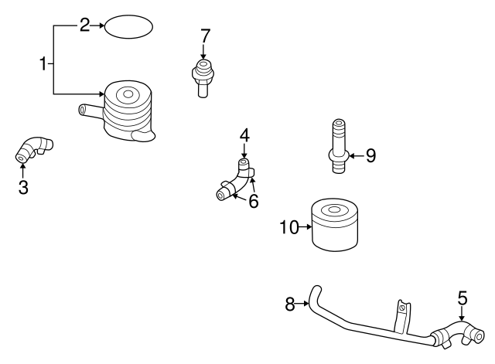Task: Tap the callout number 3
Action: tap(23, 186)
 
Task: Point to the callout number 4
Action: tap(244, 136)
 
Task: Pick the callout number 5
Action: tap(463, 298)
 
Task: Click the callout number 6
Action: tap(253, 202)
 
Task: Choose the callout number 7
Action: tap(205, 36)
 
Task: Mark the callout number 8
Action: tap(290, 304)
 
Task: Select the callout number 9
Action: tap(370, 156)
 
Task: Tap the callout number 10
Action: tap(288, 226)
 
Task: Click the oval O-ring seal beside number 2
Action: tap(128, 27)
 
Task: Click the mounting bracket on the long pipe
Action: tap(400, 312)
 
